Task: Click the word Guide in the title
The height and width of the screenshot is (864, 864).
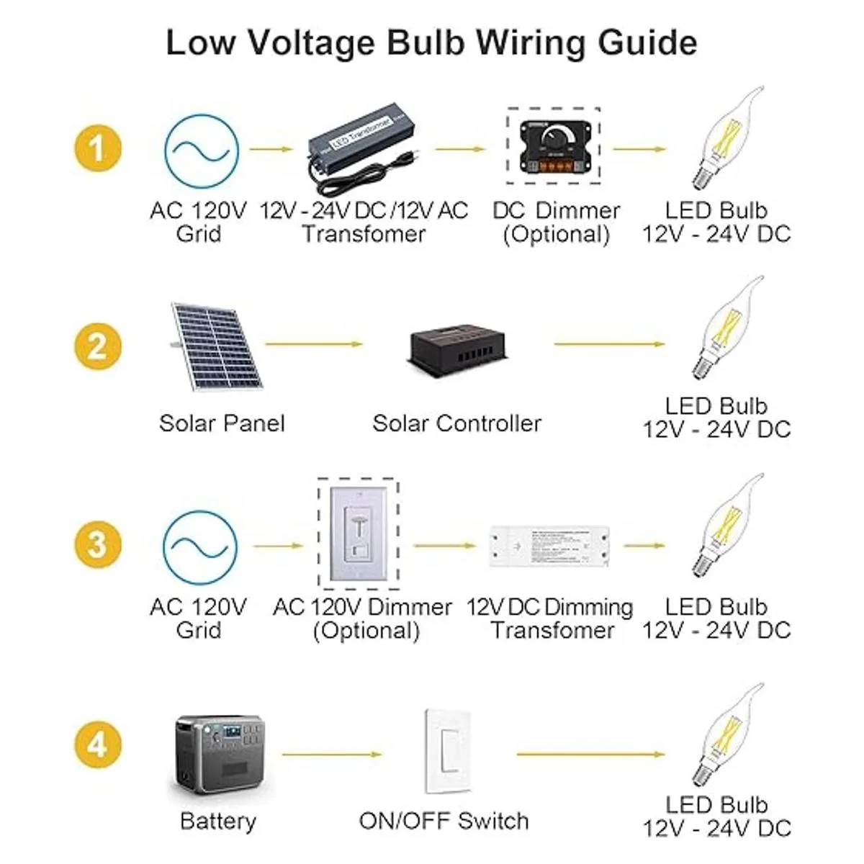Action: tap(647, 42)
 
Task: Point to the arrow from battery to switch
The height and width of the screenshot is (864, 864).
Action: tap(332, 754)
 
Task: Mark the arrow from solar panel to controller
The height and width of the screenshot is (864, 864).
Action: tap(314, 344)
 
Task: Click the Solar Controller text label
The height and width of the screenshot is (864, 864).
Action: tap(456, 423)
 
